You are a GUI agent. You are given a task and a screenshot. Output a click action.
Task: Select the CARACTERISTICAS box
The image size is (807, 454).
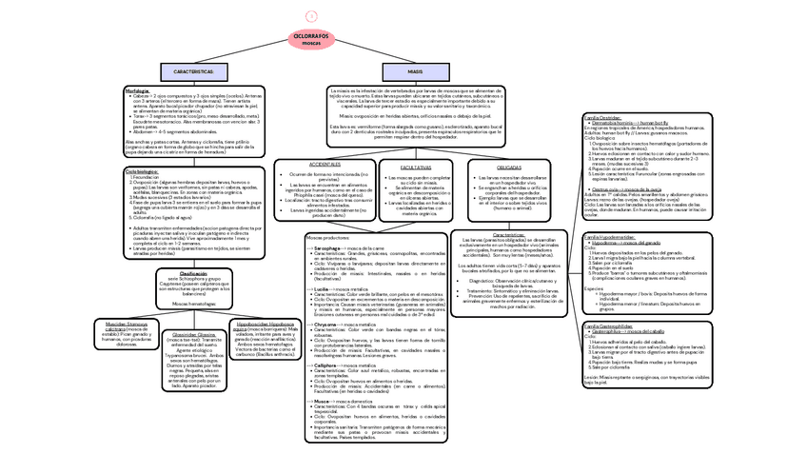coord(200,72)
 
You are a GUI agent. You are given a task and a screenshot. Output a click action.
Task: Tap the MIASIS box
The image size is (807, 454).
coord(416,72)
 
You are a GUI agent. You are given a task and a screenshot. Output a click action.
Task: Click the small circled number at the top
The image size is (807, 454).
coord(310,15)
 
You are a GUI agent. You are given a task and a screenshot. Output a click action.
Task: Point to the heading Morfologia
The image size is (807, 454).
coord(138,91)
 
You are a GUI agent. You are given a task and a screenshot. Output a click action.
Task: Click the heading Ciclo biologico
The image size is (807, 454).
coord(142,171)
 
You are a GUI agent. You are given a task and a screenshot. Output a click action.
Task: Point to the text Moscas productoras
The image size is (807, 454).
coord(327,237)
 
